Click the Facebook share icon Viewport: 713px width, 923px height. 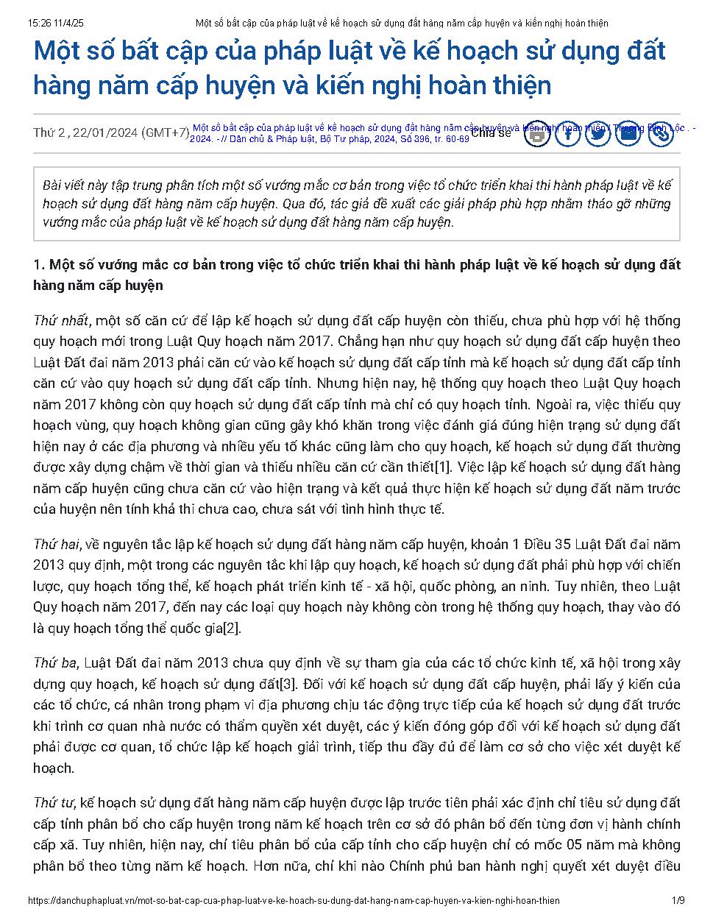(x=568, y=133)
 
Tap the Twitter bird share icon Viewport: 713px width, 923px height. (x=598, y=133)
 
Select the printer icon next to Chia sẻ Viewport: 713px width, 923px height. (x=538, y=133)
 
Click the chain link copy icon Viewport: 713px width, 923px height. (x=660, y=133)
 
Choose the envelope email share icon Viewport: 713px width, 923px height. (x=628, y=133)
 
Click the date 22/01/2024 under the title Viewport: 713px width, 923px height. (x=105, y=133)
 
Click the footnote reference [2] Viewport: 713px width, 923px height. (x=232, y=629)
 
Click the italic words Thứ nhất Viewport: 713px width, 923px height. (x=61, y=321)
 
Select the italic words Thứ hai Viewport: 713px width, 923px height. (x=56, y=545)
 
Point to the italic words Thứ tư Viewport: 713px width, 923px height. (x=54, y=803)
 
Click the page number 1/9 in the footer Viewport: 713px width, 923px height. (x=678, y=900)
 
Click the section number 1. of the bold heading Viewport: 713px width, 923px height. (x=40, y=265)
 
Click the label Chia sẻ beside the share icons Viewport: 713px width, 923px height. (x=491, y=133)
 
